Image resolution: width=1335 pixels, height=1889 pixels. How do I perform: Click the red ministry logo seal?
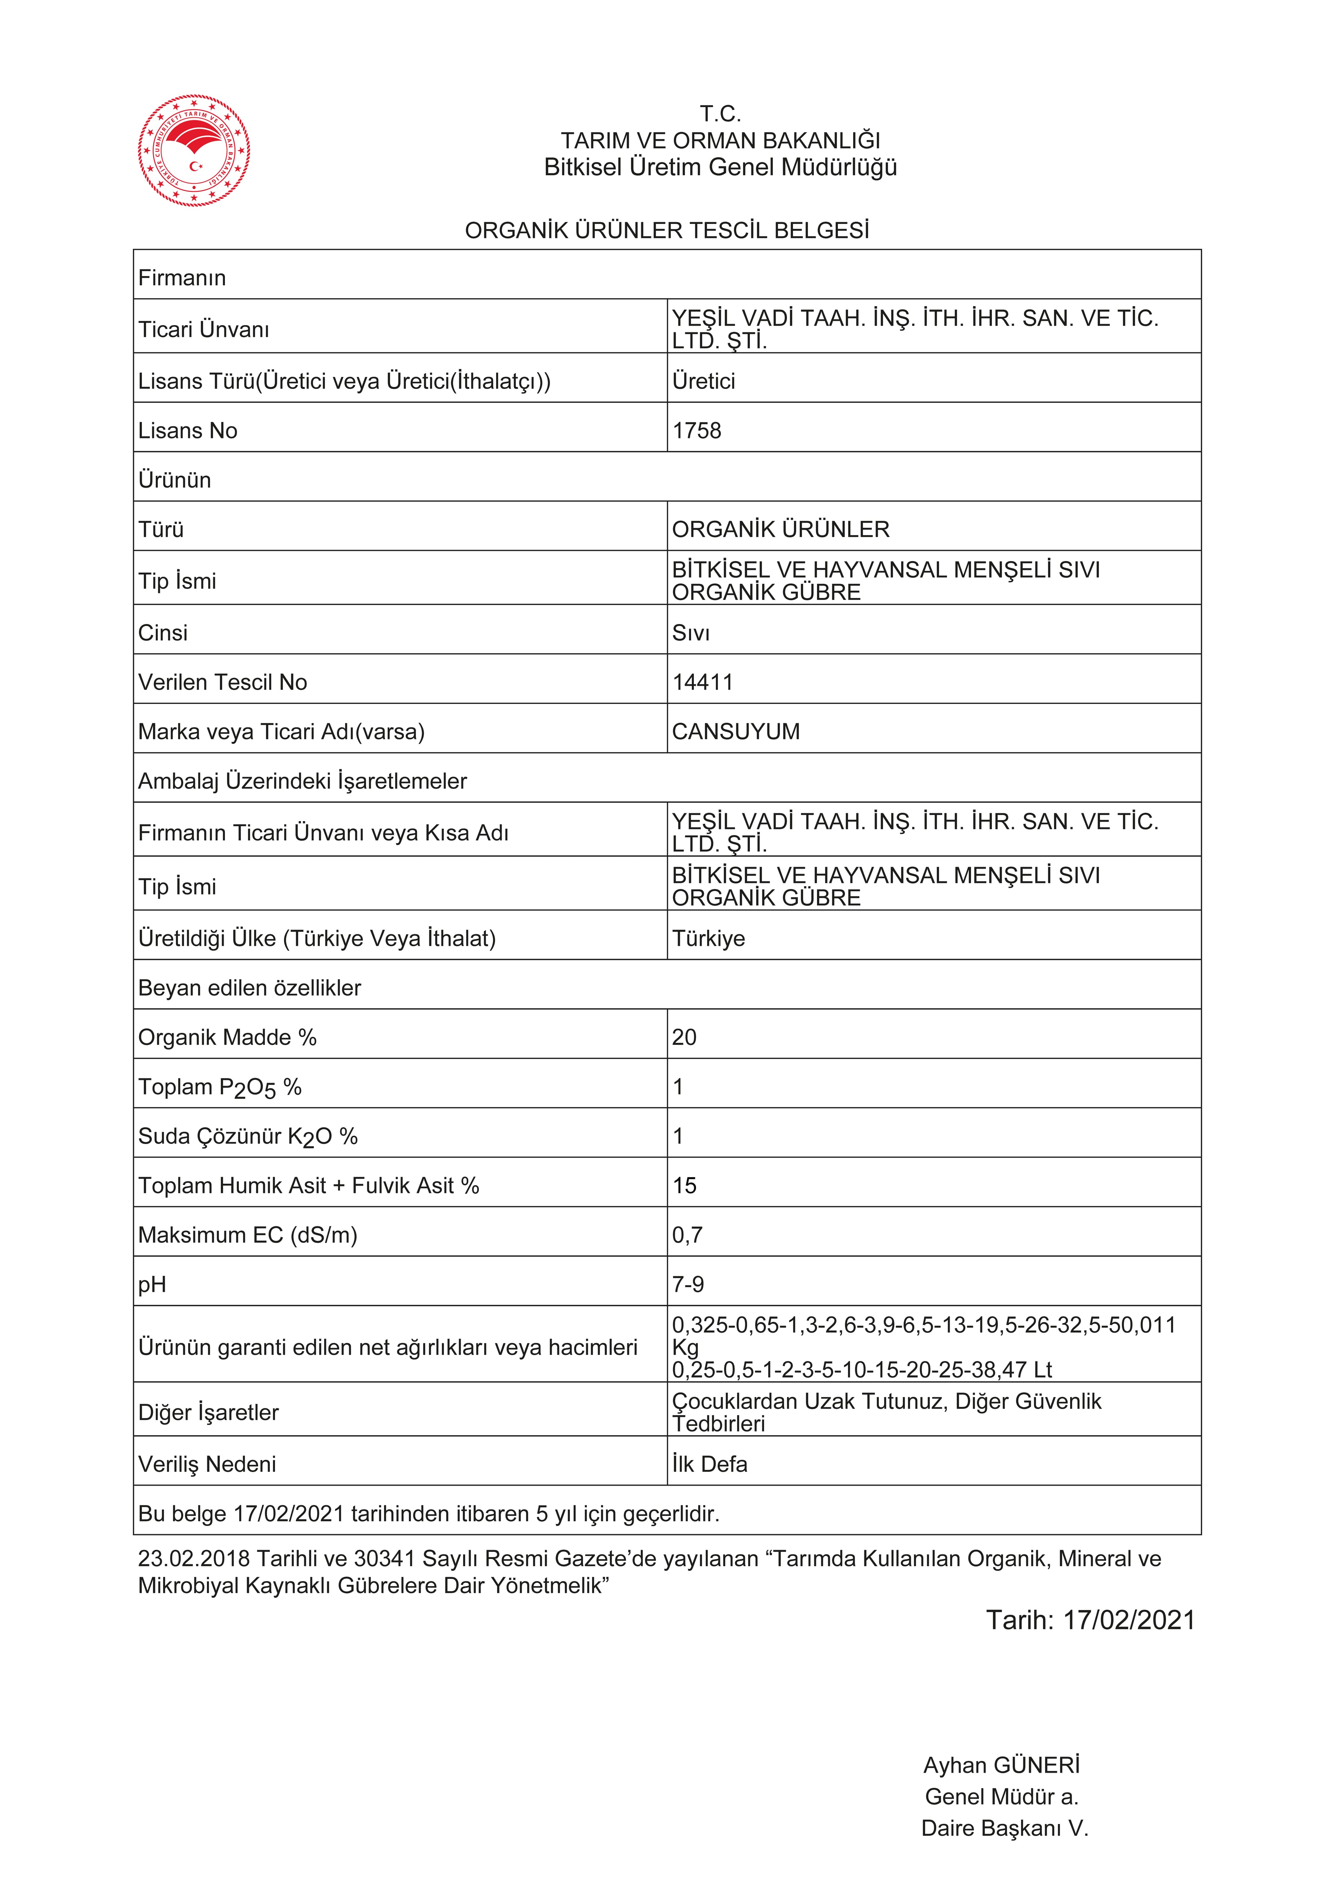pyautogui.click(x=194, y=151)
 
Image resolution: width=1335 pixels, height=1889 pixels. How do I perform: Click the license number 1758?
pyautogui.click(x=696, y=430)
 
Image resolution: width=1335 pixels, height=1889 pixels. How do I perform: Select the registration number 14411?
pyautogui.click(x=702, y=682)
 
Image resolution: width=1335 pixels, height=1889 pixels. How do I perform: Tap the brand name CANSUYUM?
pyautogui.click(x=736, y=731)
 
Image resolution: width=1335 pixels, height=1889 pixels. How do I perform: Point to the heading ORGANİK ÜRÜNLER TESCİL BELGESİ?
pyautogui.click(x=667, y=230)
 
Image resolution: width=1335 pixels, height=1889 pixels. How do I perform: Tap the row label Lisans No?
pyautogui.click(x=188, y=430)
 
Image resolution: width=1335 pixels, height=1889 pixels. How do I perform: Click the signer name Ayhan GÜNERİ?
pyautogui.click(x=1001, y=1765)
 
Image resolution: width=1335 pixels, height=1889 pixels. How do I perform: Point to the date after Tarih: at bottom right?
pyautogui.click(x=1128, y=1620)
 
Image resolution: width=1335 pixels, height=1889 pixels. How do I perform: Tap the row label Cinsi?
pyautogui.click(x=163, y=633)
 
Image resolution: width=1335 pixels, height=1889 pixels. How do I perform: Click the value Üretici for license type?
pyautogui.click(x=704, y=381)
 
